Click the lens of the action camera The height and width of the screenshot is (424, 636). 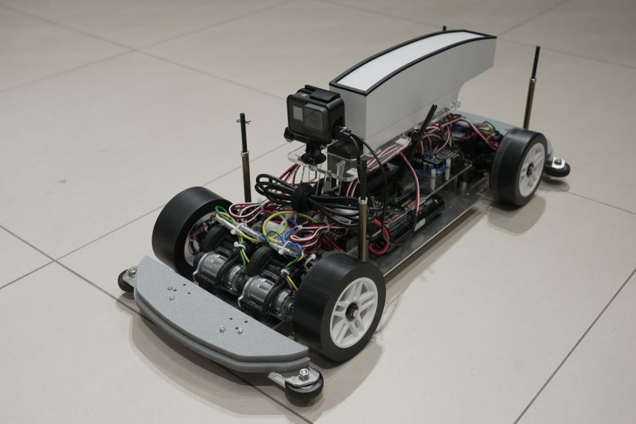tap(299, 114)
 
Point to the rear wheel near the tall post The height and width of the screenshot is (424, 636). tap(519, 166)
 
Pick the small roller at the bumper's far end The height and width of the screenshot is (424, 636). tap(127, 278)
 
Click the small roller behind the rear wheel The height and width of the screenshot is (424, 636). tap(558, 167)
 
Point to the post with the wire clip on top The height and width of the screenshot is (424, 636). tap(245, 155)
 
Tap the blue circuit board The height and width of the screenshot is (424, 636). tap(436, 163)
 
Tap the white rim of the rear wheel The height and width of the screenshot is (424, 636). tap(530, 169)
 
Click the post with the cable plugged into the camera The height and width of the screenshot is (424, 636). tap(362, 215)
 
